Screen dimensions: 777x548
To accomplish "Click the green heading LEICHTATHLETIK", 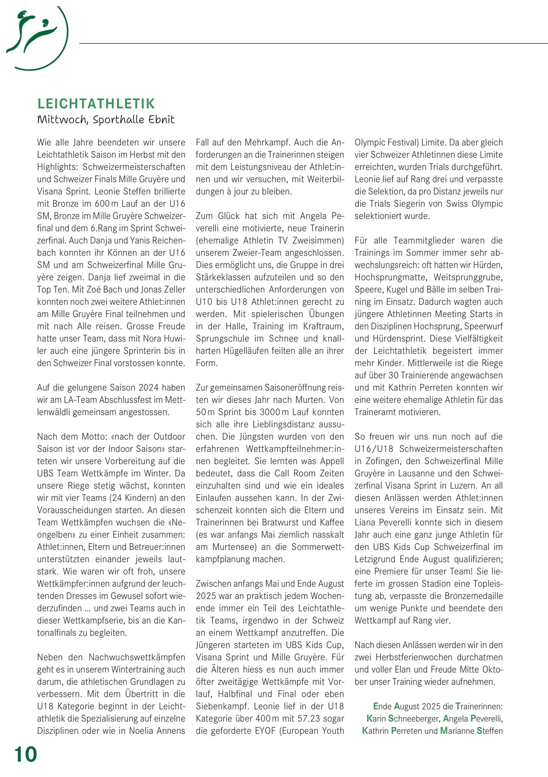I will pos(96,104).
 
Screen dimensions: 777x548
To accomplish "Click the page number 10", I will pos(26,754).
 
